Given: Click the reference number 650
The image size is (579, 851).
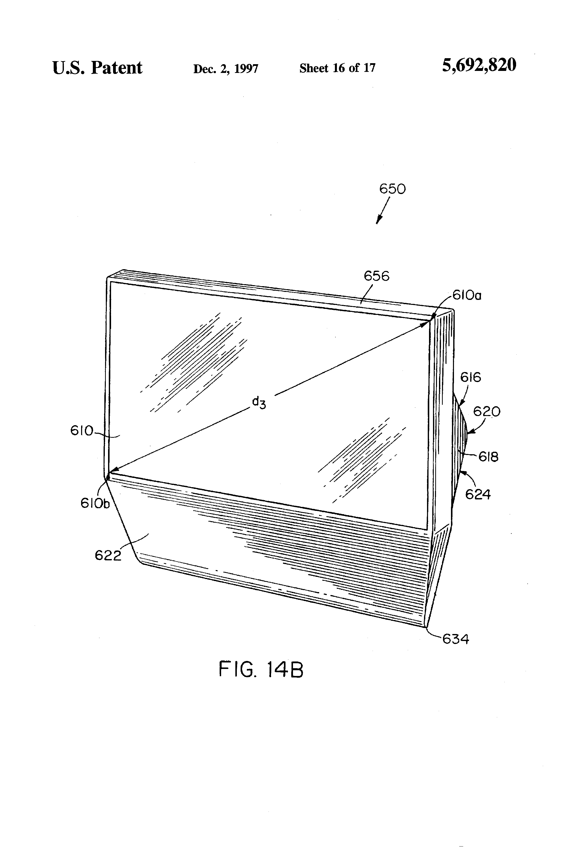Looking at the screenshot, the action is pyautogui.click(x=392, y=189).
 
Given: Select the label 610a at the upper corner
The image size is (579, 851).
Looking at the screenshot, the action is pyautogui.click(x=467, y=295).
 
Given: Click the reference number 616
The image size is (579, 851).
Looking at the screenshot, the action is pyautogui.click(x=471, y=377).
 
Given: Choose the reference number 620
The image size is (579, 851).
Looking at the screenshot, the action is pyautogui.click(x=487, y=412).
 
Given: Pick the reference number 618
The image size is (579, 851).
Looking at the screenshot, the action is pyautogui.click(x=489, y=457).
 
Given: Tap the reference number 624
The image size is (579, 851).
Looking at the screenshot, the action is pyautogui.click(x=478, y=494).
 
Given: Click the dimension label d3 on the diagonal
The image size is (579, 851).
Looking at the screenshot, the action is pyautogui.click(x=259, y=403).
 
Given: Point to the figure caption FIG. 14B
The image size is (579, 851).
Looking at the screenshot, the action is pyautogui.click(x=261, y=669).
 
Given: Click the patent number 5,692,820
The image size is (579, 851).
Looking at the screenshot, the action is pyautogui.click(x=479, y=65).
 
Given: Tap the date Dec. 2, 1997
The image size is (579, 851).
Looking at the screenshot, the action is pyautogui.click(x=226, y=68).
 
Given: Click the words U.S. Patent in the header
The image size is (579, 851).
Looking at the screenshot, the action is pyautogui.click(x=97, y=68).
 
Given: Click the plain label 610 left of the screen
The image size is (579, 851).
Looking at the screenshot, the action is pyautogui.click(x=82, y=431).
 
